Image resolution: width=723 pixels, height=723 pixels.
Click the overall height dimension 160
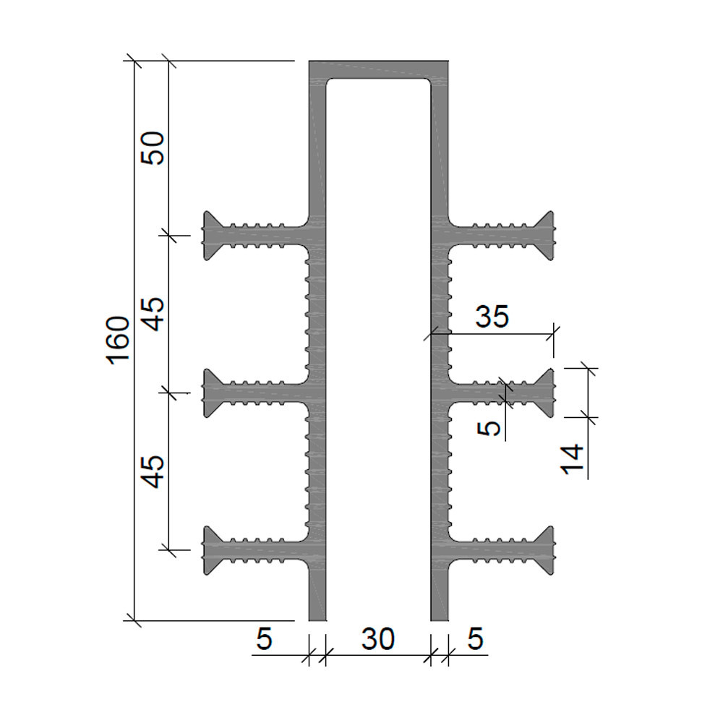click(x=118, y=341)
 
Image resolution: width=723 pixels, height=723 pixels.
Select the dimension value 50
click(x=153, y=148)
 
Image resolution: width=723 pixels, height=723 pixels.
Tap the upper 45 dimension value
click(x=153, y=314)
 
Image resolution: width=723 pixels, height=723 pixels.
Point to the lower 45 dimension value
click(x=153, y=471)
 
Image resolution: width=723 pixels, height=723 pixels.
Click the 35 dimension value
click(x=492, y=317)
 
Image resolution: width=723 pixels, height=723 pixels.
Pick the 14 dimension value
click(x=572, y=459)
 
